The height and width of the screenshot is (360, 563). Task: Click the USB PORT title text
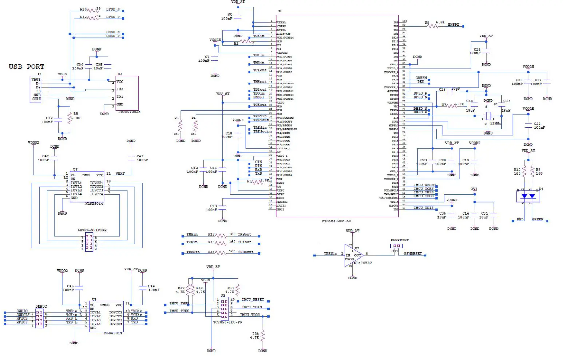click(26, 67)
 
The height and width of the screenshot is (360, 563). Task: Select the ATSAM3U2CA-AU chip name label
click(336, 221)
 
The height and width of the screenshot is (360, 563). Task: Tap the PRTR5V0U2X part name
click(129, 112)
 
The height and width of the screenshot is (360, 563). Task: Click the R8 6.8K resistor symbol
click(70, 117)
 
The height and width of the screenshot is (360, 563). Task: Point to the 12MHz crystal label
click(495, 124)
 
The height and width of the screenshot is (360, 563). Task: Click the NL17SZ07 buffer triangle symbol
click(353, 255)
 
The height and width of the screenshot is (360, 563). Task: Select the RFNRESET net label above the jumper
click(399, 240)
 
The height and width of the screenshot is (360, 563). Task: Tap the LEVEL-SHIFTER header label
click(92, 230)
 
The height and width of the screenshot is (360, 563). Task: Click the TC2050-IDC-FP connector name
click(227, 322)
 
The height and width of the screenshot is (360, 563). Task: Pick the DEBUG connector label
click(41, 307)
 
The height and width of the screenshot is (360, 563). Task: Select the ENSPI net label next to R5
click(453, 25)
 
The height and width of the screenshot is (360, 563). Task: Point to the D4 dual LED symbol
click(528, 196)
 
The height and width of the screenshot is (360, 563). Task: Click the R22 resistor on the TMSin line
click(221, 236)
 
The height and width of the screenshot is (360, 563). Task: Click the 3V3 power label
click(474, 189)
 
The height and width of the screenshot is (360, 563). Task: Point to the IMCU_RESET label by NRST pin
click(424, 185)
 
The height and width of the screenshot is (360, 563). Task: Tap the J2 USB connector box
click(36, 89)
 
